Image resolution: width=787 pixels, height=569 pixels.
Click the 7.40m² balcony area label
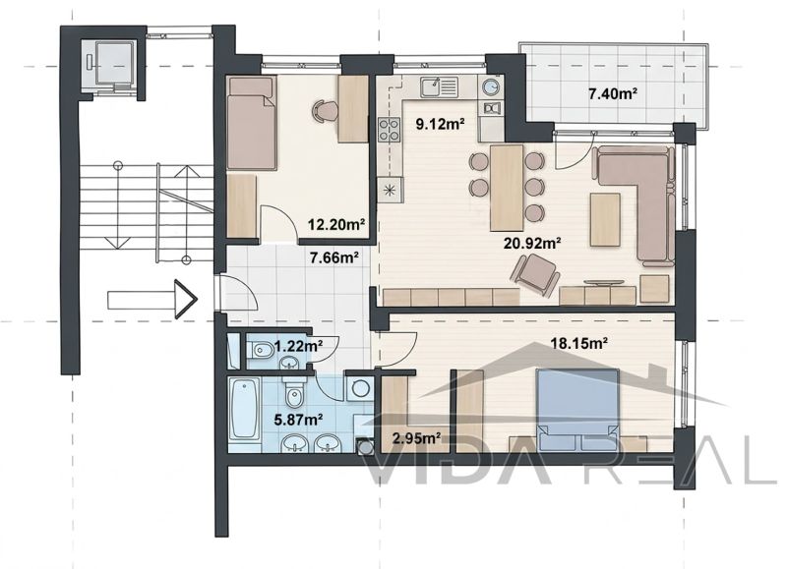[613, 93]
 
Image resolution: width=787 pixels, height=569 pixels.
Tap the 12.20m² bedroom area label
[335, 225]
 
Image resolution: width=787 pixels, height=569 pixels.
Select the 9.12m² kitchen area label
[440, 123]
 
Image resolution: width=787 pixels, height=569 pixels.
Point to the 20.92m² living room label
[532, 243]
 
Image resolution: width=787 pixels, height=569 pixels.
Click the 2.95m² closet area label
[416, 438]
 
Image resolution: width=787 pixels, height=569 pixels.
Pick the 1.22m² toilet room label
[298, 345]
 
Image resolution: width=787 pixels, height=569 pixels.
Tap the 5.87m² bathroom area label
[298, 419]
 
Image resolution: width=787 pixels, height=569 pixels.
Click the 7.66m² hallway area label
[333, 257]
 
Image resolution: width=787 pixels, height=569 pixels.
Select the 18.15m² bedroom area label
[579, 343]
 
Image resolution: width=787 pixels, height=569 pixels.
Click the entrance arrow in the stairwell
[152, 300]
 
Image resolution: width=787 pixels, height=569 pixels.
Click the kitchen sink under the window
[440, 87]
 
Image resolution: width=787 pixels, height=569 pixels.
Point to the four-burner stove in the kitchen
[390, 130]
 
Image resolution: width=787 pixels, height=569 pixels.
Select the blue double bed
[577, 409]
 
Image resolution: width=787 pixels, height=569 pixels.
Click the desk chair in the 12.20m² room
[326, 110]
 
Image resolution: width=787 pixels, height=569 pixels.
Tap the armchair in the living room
[535, 273]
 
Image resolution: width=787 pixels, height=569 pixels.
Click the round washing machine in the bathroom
[359, 388]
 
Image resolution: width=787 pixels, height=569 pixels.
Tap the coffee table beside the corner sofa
[605, 219]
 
